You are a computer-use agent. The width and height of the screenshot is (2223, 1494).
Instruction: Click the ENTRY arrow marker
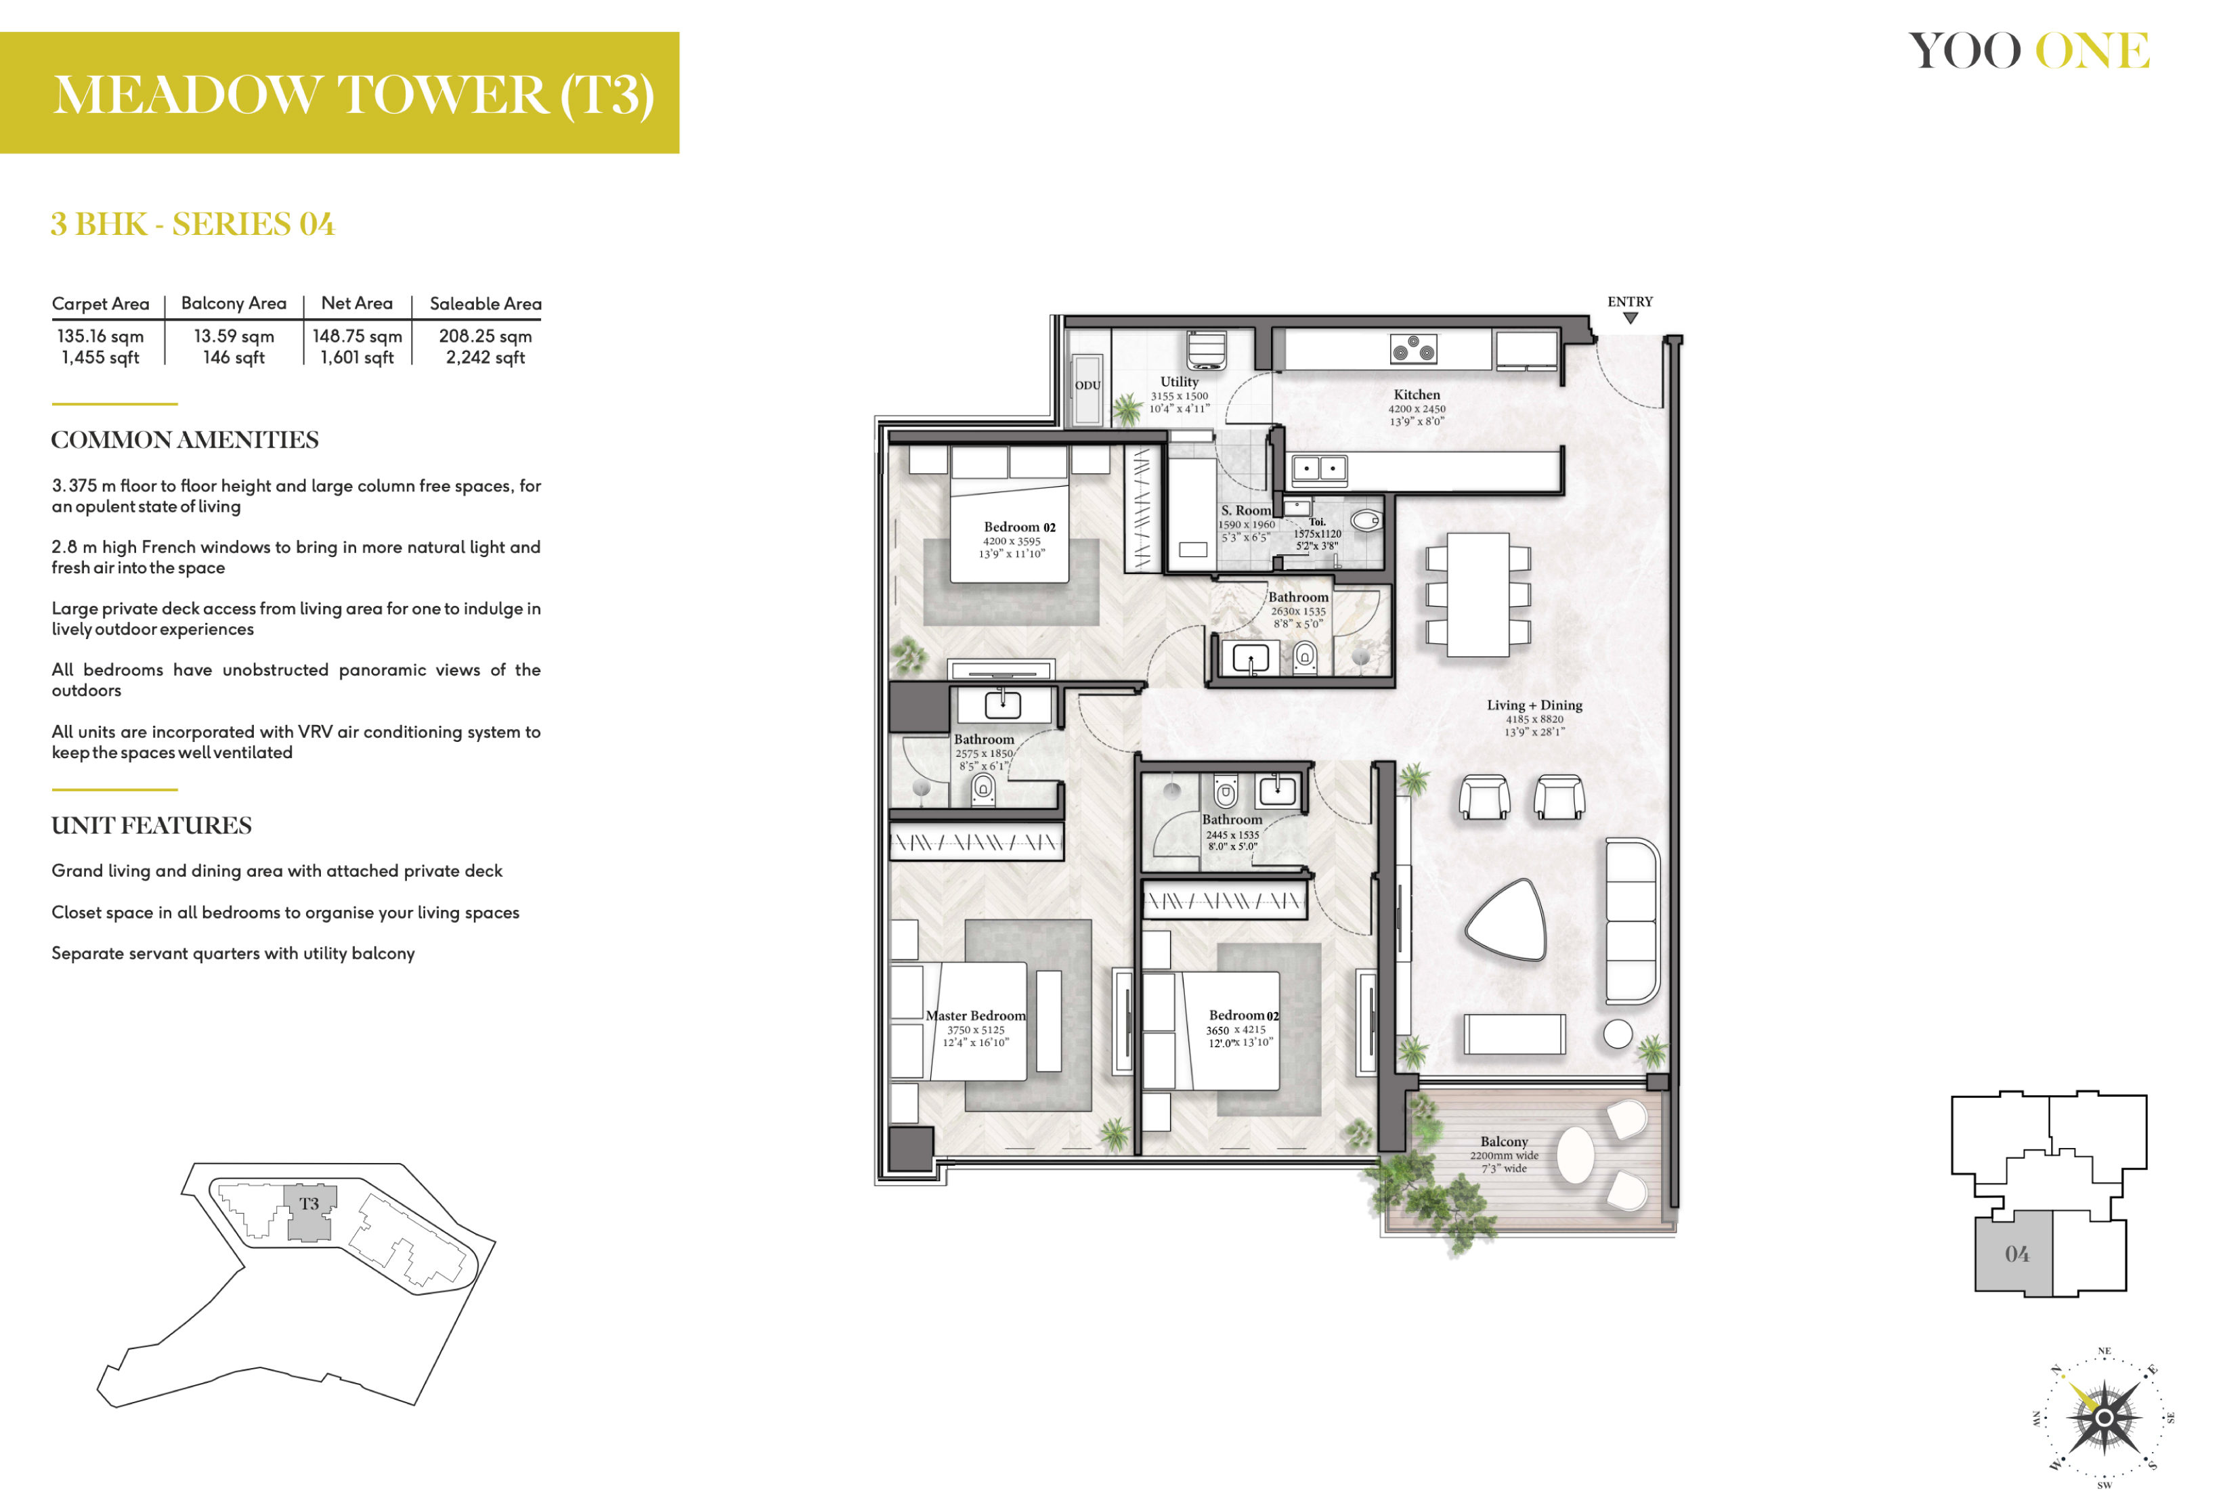pos(1631,318)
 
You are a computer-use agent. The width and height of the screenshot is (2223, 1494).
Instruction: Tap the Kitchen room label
pos(1417,395)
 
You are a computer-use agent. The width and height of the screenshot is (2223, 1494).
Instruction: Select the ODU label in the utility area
pos(1088,386)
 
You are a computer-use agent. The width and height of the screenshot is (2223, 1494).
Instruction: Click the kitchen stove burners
pos(1414,349)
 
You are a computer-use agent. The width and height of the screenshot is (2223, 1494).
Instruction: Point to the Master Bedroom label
pos(976,1015)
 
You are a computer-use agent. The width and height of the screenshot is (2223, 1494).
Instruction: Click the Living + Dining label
pos(1534,705)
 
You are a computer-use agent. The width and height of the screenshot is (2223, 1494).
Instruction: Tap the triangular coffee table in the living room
pos(1507,919)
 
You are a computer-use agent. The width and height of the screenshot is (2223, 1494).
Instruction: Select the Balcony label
pos(1504,1141)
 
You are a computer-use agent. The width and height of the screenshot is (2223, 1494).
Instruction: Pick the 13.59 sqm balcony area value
pos(234,336)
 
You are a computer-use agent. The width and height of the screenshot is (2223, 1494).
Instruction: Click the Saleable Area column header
pos(485,304)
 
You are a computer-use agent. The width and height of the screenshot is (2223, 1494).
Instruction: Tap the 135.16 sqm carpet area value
pos(100,336)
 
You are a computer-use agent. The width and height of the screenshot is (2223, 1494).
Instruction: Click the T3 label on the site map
pos(309,1204)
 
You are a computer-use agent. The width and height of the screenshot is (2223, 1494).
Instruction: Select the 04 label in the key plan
pos(2016,1254)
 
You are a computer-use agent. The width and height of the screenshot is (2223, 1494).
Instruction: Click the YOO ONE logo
pos(2029,51)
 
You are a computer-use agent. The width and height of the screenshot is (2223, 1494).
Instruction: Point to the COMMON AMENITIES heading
pos(185,440)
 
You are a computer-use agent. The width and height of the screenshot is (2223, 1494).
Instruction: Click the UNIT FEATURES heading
pos(152,825)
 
